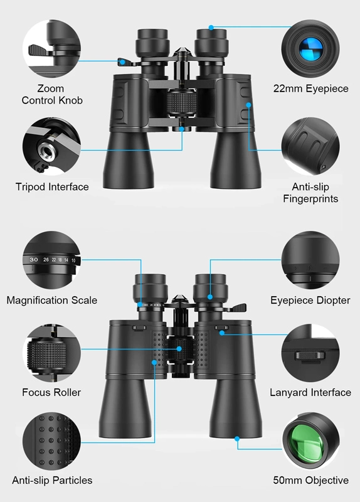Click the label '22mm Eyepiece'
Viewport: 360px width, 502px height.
pyautogui.click(x=310, y=88)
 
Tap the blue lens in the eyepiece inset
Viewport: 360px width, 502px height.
pyautogui.click(x=310, y=48)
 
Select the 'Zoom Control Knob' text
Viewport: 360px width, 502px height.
pyautogui.click(x=51, y=94)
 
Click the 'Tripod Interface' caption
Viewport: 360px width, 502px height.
pyautogui.click(x=52, y=186)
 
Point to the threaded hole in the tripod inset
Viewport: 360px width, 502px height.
pyautogui.click(x=46, y=149)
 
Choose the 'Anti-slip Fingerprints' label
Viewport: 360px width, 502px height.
pyautogui.click(x=310, y=193)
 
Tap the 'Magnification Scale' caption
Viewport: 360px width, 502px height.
pyautogui.click(x=52, y=300)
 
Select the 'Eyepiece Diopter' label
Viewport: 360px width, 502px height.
pyautogui.click(x=310, y=300)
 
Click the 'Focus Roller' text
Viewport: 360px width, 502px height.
pyautogui.click(x=51, y=392)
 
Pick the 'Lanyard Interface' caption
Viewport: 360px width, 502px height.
pyautogui.click(x=310, y=392)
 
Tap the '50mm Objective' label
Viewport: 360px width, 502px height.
pyautogui.click(x=310, y=480)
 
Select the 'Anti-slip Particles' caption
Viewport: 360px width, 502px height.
pyautogui.click(x=52, y=480)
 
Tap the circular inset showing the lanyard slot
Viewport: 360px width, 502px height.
pyautogui.click(x=310, y=355)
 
